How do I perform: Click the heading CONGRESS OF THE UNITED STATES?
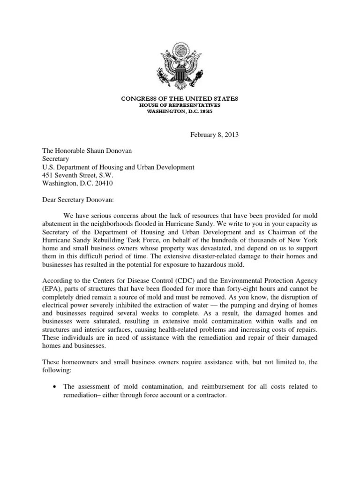180,99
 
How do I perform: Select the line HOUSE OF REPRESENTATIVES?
180,105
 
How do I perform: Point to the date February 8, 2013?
214,135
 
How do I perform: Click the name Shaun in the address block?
96,150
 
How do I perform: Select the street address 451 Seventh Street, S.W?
75,175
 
